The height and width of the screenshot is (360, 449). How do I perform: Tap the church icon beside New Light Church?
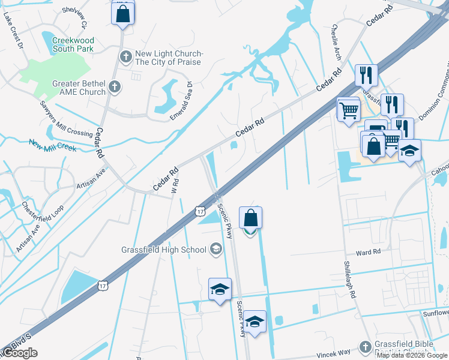point(125,58)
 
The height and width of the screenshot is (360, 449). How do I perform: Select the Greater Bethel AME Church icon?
point(115,88)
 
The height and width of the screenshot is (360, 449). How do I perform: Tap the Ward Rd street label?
point(368,253)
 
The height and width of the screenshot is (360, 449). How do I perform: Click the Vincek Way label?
point(337,353)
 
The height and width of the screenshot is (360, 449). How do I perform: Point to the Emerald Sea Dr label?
point(180,101)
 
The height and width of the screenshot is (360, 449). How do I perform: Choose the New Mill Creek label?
point(53,145)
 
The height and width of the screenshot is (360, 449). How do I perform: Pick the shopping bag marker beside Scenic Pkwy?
point(250,219)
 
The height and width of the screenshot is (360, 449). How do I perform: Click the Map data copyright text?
point(412,355)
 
